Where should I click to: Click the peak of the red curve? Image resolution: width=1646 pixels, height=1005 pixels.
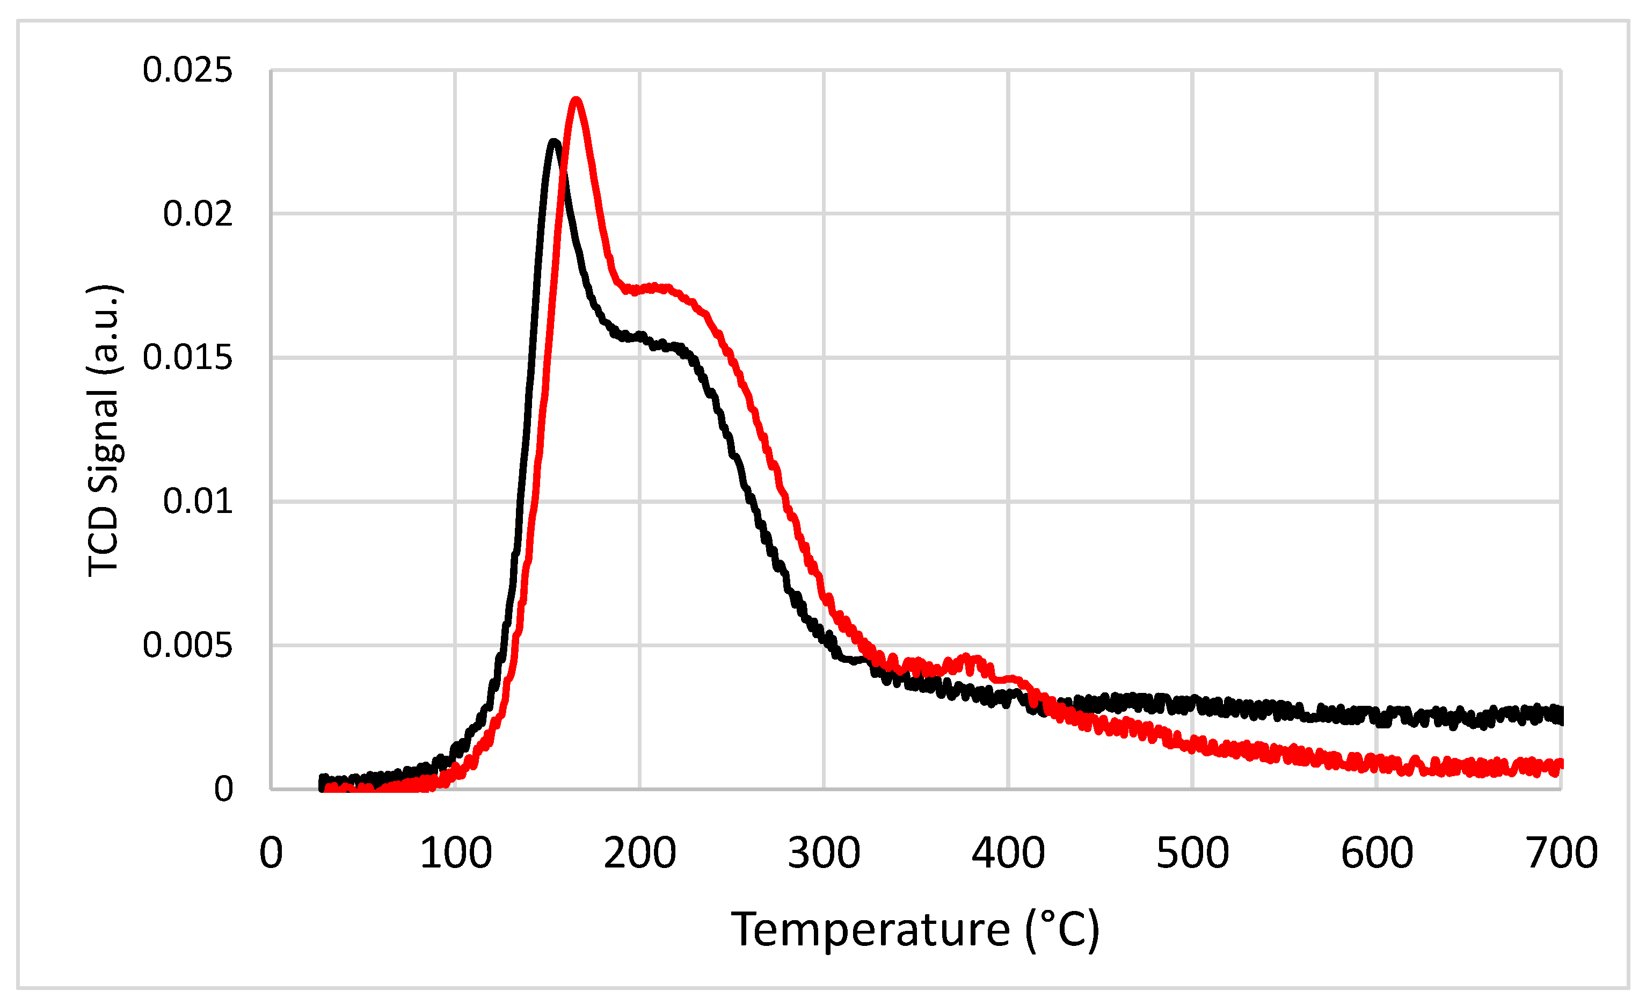click(576, 102)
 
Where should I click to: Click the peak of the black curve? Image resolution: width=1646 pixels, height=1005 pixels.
click(554, 142)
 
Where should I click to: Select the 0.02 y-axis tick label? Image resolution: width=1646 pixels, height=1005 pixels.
click(198, 214)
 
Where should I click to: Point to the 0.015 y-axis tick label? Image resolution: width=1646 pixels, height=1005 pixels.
click(188, 358)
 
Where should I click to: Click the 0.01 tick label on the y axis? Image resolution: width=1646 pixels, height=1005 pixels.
click(198, 501)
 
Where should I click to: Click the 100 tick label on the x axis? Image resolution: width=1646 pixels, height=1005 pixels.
click(456, 854)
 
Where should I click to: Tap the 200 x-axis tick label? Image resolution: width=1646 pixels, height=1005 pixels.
click(640, 854)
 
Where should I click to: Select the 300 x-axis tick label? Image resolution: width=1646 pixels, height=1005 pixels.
click(824, 854)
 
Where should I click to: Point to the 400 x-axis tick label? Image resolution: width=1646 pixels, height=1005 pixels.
click(1008, 854)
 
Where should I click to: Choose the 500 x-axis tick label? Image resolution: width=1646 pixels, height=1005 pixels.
click(1192, 854)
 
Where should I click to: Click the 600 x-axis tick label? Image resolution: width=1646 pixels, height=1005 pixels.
click(1377, 854)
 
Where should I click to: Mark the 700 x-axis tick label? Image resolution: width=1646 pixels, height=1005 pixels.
click(1562, 854)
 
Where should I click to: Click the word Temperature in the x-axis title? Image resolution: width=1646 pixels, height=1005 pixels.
click(870, 930)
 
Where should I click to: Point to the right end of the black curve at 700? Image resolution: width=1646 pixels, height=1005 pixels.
click(1559, 715)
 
